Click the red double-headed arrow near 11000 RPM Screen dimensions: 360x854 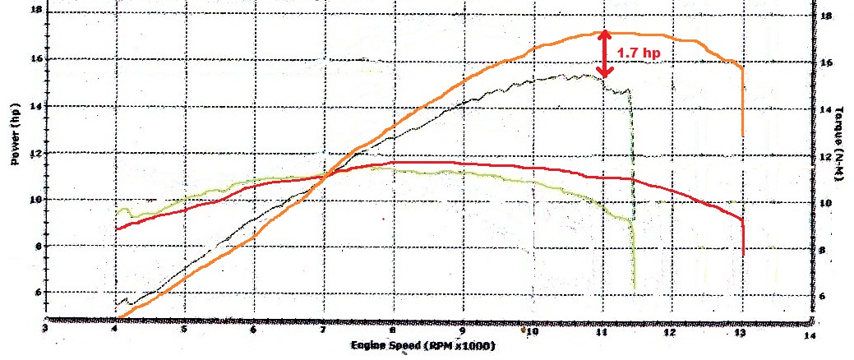(605, 54)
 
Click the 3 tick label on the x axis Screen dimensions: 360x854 (45, 330)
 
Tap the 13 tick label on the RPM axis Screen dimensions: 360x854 (741, 333)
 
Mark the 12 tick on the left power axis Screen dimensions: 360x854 (35, 153)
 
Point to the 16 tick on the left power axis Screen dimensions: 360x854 (35, 59)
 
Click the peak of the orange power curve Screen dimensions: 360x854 (605, 32)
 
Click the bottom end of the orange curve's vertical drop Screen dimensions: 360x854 (743, 136)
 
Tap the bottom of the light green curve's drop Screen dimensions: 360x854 (635, 288)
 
